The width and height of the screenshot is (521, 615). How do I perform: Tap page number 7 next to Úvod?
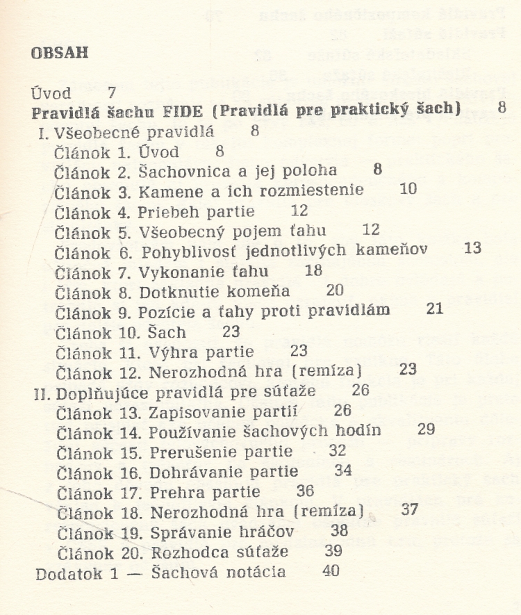[x=112, y=92]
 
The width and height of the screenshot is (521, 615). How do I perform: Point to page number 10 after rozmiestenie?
[x=408, y=188]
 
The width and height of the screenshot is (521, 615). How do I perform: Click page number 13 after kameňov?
[x=472, y=248]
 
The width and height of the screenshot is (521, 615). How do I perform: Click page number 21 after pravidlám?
[x=435, y=309]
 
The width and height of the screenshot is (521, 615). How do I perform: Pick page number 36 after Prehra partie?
[x=305, y=491]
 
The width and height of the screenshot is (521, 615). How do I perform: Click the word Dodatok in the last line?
[x=64, y=573]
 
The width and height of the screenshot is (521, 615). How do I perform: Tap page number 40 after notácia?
[x=332, y=572]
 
